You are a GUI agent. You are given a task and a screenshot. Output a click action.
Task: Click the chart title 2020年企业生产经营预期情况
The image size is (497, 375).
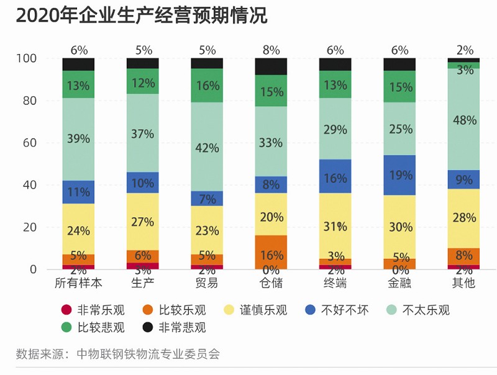141,16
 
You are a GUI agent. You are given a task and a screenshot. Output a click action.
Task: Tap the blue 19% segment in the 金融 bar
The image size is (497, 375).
399,175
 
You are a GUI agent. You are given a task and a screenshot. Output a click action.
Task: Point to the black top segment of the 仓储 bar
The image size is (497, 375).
271,66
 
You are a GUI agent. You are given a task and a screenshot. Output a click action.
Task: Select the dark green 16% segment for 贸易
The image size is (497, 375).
207,85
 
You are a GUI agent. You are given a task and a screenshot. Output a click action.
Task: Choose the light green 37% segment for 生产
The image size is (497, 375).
142,132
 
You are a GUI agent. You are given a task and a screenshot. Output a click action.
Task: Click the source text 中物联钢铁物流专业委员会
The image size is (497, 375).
148,355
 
